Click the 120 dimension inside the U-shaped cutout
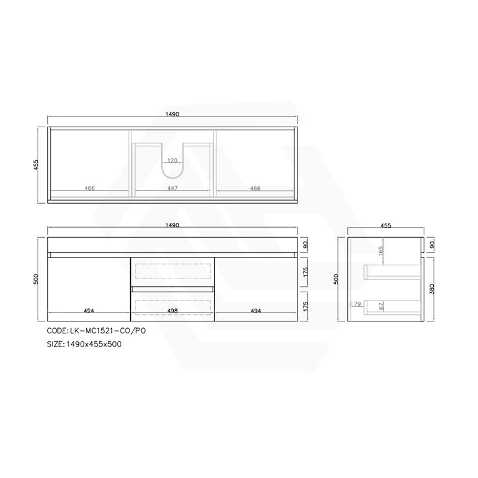coord(173,161)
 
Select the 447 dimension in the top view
coord(173,188)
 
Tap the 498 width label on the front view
coord(173,311)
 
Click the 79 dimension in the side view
coord(357,305)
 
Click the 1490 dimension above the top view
coord(173,114)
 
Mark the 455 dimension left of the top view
coord(37,164)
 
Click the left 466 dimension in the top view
coord(90,188)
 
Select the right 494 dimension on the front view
coord(255,311)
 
